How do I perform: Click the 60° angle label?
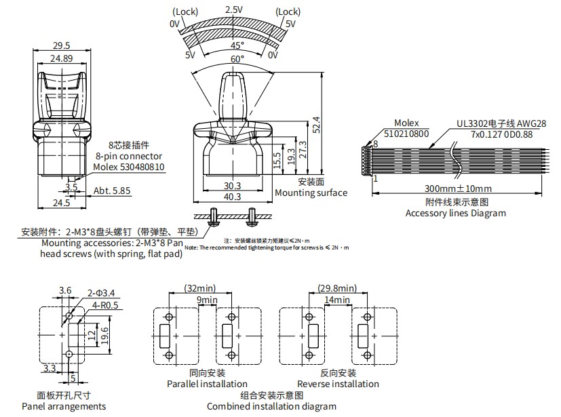point(237,60)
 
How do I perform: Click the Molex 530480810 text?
point(129,167)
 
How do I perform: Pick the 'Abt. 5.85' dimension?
point(113,191)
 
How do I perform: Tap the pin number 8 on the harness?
point(375,144)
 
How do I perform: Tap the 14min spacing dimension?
point(337,299)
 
